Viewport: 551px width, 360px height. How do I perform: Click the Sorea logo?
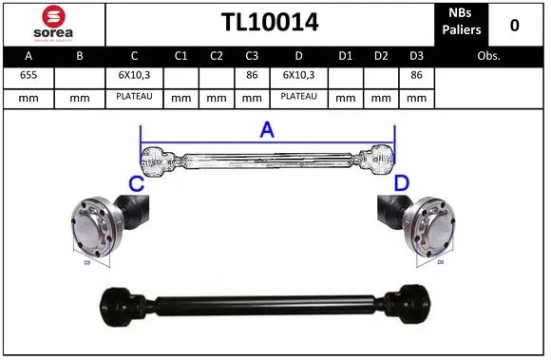point(52,23)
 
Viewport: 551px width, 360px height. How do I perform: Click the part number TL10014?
point(270,23)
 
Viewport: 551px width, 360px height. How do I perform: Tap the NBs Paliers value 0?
point(514,25)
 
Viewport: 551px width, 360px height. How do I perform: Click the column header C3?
point(252,56)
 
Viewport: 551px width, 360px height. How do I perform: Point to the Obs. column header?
point(489,56)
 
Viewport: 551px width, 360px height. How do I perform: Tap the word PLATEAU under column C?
point(134,97)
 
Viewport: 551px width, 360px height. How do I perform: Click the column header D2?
point(381,56)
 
